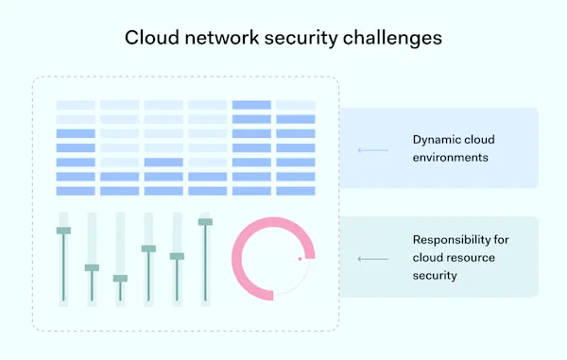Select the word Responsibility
(453, 241)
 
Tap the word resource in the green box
(468, 258)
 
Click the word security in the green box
(434, 275)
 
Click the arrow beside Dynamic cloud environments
(373, 148)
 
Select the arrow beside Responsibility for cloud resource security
(373, 258)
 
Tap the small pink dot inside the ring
(301, 258)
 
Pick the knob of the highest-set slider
(205, 222)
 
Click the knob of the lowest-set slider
(120, 279)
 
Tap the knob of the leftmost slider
(63, 231)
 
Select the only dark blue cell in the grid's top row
(251, 105)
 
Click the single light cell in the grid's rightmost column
(296, 105)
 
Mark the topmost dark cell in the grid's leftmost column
(76, 133)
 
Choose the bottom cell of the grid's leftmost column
(76, 190)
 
